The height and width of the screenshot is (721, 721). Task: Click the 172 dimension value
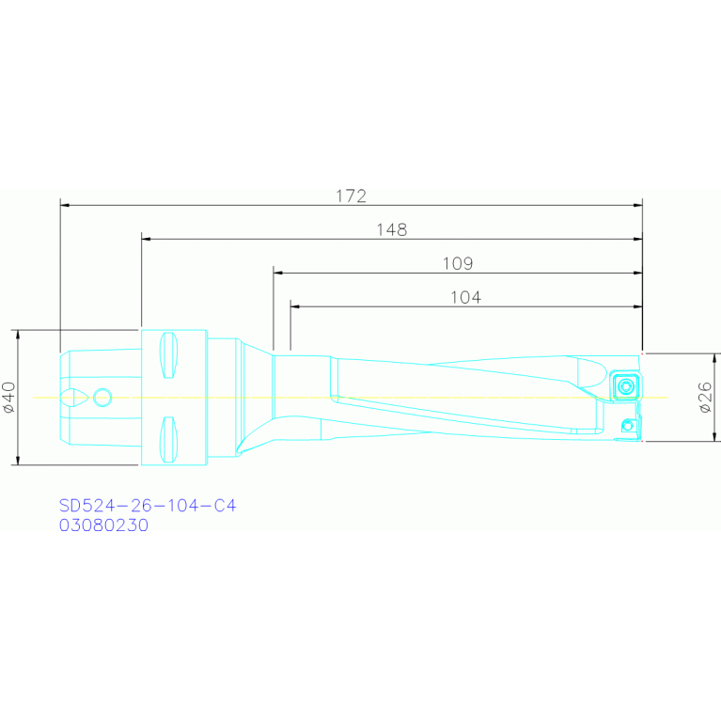[x=352, y=196]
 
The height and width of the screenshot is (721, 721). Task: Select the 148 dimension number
[x=392, y=230]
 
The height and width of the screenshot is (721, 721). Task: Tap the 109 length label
[x=458, y=263]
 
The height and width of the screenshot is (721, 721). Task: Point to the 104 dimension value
[x=466, y=297]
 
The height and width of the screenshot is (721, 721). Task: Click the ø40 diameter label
[x=9, y=398]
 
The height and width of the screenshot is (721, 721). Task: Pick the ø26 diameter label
[x=705, y=398]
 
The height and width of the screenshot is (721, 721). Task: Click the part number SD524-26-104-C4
[x=148, y=506]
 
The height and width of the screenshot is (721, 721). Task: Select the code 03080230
[x=104, y=525]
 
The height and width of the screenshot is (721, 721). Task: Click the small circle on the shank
[x=102, y=398]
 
